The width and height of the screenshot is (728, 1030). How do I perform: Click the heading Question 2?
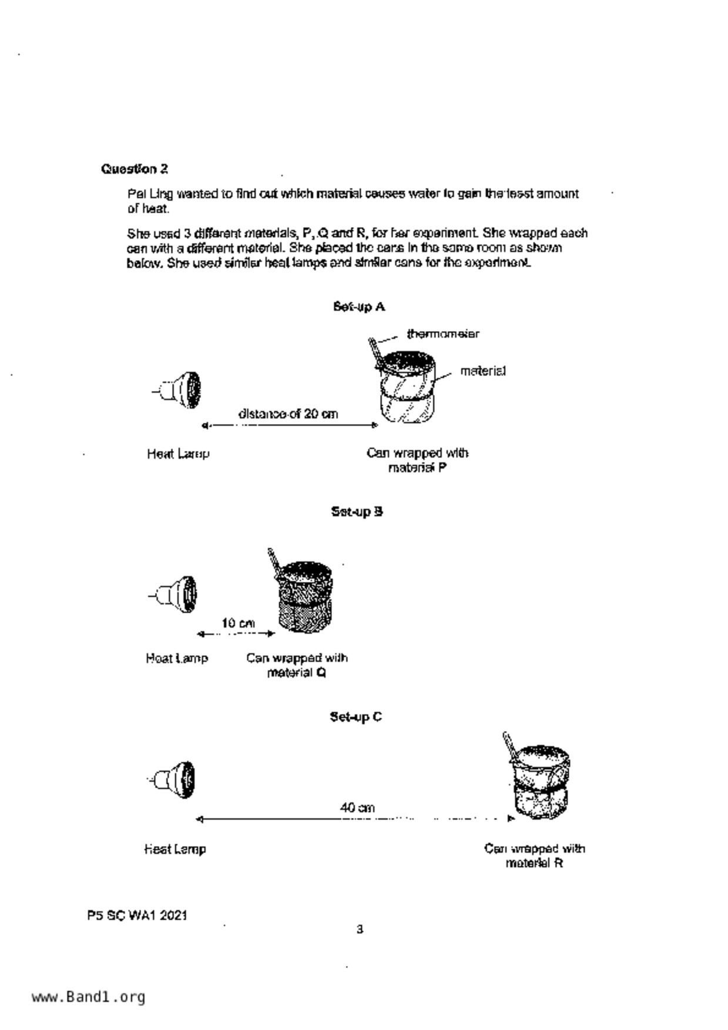(x=135, y=169)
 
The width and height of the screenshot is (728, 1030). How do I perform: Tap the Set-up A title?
(x=358, y=307)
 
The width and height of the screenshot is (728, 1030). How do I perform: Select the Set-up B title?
(x=357, y=511)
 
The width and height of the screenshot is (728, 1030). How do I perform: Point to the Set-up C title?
(x=355, y=716)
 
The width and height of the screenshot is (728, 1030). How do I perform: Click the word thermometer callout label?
(x=443, y=334)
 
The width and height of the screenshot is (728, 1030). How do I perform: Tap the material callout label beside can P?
(x=482, y=371)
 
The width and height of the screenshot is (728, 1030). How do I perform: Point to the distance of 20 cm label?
(x=288, y=414)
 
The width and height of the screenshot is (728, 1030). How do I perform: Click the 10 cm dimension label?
(x=238, y=623)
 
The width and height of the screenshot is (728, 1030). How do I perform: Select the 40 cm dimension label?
(x=357, y=808)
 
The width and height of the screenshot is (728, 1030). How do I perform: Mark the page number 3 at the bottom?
(x=360, y=929)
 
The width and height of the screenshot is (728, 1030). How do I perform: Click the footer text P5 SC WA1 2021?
(x=137, y=915)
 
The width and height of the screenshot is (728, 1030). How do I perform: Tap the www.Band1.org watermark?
(x=89, y=997)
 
